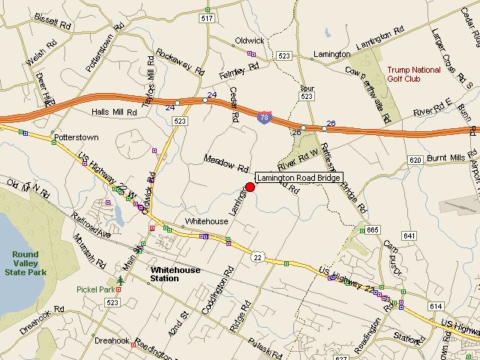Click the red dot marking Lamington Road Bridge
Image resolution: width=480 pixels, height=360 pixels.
(250, 187)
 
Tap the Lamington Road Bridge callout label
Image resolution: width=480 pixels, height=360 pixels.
(299, 178)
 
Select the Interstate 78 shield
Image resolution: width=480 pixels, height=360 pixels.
(264, 118)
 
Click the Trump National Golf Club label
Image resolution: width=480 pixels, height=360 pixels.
(415, 74)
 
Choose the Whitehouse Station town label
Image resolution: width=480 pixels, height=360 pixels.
(175, 274)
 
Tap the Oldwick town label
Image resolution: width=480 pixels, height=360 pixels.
(249, 40)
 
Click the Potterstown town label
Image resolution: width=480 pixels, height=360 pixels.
(77, 139)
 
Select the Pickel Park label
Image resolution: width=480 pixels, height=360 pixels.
(95, 289)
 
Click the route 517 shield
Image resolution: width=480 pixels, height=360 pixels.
(208, 17)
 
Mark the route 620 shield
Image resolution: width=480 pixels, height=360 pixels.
(415, 160)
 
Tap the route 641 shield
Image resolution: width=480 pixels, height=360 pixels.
(409, 235)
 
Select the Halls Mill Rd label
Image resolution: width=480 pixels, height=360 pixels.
(114, 112)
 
